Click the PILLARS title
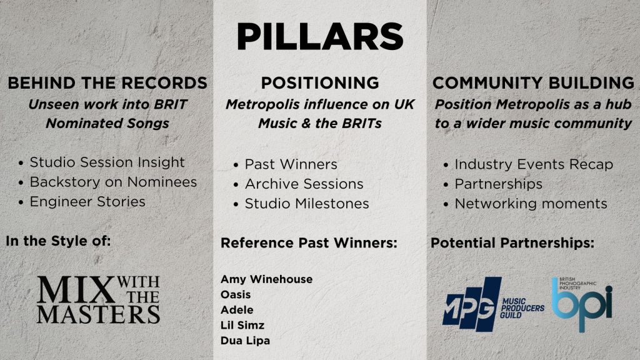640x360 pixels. point(320,36)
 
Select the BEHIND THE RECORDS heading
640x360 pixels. point(107,83)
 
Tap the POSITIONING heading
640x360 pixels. point(320,83)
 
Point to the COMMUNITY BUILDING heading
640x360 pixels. point(533,83)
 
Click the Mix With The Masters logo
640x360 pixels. point(98,299)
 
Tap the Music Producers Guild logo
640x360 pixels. point(493,304)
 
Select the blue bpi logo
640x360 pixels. point(582,304)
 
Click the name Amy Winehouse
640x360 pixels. point(266,279)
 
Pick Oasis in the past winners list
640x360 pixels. point(236,294)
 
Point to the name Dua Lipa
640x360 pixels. point(245,341)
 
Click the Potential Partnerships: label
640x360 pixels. point(512,243)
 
